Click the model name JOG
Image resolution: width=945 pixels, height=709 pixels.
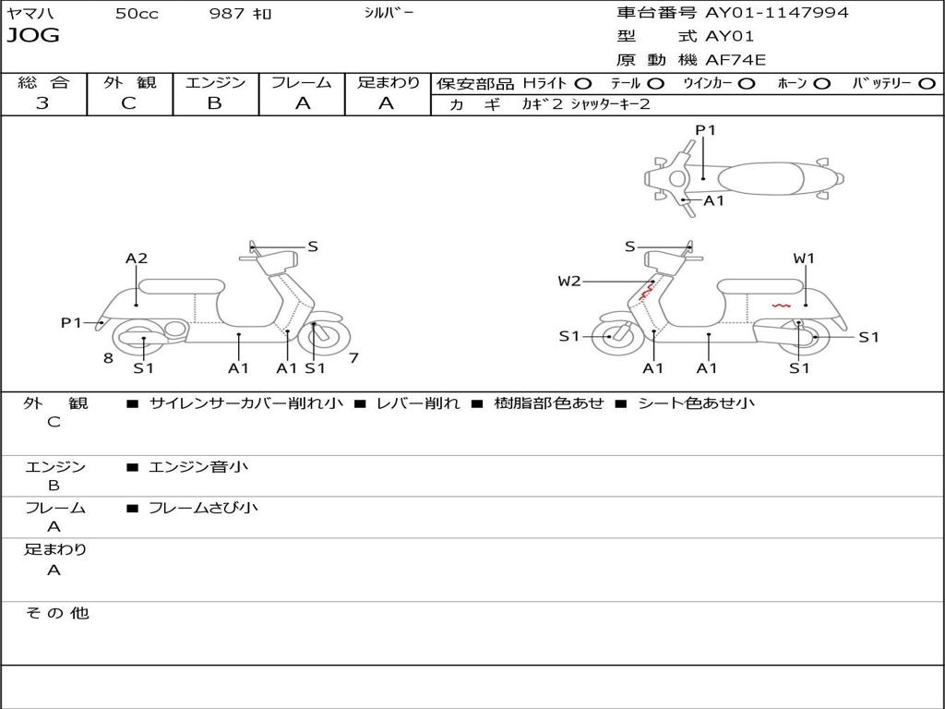(33, 36)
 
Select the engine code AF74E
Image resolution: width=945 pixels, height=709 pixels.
(736, 60)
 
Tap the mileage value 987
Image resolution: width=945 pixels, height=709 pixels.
(228, 14)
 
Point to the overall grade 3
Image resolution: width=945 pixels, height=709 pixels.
(42, 103)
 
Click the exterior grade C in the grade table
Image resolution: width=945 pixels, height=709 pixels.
(129, 103)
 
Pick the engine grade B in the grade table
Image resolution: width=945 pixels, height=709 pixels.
(215, 103)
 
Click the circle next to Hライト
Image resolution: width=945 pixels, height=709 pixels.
(582, 84)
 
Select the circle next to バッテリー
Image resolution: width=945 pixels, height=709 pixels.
(927, 84)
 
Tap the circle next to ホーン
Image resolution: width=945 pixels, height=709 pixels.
(821, 84)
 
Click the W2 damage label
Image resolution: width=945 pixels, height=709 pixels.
(569, 282)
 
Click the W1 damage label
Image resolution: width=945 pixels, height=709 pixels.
(804, 258)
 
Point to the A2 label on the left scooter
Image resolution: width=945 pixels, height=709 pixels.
(137, 258)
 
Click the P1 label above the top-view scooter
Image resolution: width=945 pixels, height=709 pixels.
(705, 130)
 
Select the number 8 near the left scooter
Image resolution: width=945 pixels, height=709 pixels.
(108, 358)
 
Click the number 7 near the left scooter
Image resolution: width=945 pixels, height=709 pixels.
(353, 358)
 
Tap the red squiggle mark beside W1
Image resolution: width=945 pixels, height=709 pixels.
(781, 304)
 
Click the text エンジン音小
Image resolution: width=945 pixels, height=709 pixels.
(198, 467)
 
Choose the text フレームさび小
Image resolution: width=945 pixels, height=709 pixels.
(203, 508)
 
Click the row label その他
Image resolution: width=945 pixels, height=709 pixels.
(56, 613)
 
